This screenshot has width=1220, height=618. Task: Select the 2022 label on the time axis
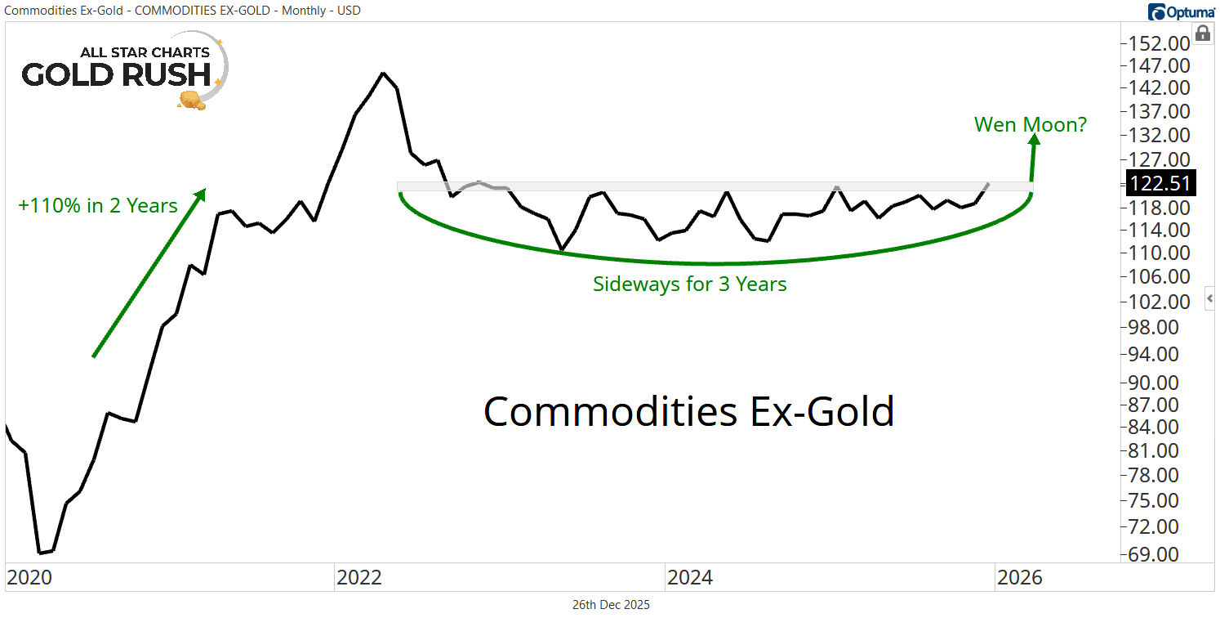pyautogui.click(x=358, y=578)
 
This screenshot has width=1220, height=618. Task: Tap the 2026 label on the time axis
pyautogui.click(x=1019, y=578)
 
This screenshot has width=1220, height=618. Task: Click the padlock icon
pyautogui.click(x=1202, y=34)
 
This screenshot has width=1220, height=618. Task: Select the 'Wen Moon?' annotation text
pyautogui.click(x=1031, y=125)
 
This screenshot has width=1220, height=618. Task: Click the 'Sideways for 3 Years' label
pyautogui.click(x=689, y=284)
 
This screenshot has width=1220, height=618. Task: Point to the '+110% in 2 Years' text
pyautogui.click(x=98, y=205)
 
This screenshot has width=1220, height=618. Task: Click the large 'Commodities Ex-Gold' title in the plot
pyautogui.click(x=688, y=411)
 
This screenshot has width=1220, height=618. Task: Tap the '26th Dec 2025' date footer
pyautogui.click(x=611, y=605)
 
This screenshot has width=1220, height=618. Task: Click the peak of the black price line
pyautogui.click(x=383, y=73)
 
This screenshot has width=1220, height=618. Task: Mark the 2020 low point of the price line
pyautogui.click(x=40, y=553)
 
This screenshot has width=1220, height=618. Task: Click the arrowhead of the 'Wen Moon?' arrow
pyautogui.click(x=1034, y=141)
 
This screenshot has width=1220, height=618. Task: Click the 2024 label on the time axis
pyautogui.click(x=689, y=578)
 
